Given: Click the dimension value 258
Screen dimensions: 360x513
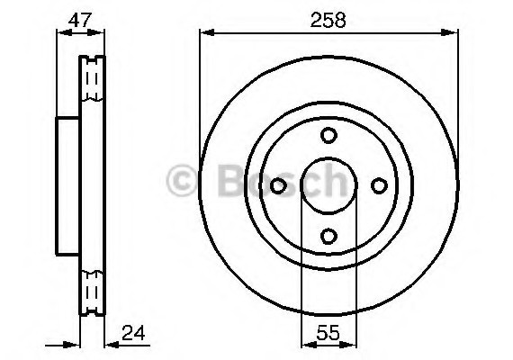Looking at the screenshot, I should (x=328, y=20).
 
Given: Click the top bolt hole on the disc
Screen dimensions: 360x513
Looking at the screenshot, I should (x=328, y=135).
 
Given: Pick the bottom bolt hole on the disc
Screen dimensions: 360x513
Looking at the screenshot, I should (x=328, y=237).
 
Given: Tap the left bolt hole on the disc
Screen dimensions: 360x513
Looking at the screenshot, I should (x=278, y=185).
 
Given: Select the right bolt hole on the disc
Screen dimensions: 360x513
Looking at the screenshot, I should (x=379, y=185).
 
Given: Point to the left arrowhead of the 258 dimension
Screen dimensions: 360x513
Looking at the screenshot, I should (x=203, y=34).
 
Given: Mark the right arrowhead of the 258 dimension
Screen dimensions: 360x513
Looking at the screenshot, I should (x=455, y=34).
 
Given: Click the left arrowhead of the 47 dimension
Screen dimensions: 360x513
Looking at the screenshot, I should (x=60, y=34).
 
